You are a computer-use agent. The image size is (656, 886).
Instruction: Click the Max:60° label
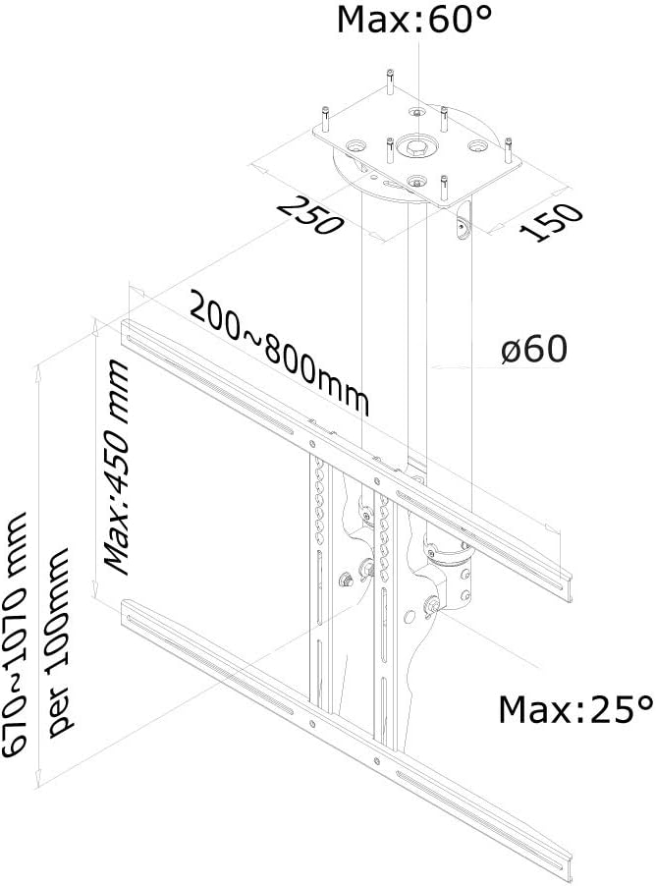[x=414, y=21]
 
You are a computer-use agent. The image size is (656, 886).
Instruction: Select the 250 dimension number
[x=311, y=215]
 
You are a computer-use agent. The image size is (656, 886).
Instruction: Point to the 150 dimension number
[x=550, y=222]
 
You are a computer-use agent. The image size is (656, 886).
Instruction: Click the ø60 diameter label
[x=534, y=349]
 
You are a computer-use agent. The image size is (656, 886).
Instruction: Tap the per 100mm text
[x=58, y=641]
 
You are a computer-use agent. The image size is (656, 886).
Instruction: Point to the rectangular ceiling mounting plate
[x=417, y=152]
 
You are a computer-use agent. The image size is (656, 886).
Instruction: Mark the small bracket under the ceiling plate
[x=463, y=224]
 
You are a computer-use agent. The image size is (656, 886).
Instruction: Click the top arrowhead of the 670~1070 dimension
[x=38, y=369]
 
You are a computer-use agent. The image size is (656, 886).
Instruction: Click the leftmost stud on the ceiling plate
[x=325, y=120]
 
